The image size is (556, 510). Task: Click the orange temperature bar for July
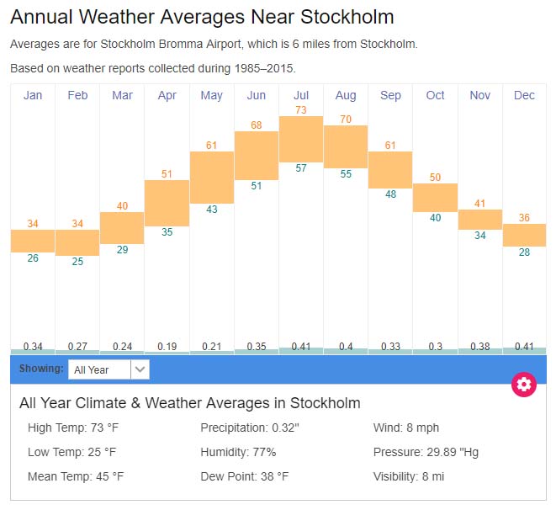(x=301, y=139)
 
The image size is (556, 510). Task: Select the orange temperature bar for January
(x=33, y=241)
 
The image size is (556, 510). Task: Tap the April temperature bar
(x=167, y=203)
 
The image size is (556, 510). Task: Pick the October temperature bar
(x=435, y=197)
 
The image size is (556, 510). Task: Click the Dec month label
(x=524, y=95)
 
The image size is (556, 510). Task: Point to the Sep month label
(x=390, y=95)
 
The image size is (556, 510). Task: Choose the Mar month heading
(x=122, y=95)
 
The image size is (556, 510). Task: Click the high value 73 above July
(x=301, y=110)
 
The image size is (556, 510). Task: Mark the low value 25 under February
(x=77, y=262)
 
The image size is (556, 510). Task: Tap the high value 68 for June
(x=257, y=125)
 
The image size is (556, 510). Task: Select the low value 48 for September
(x=390, y=194)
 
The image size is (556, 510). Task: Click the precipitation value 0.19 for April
(x=167, y=346)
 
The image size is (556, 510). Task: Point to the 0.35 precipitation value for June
(x=257, y=346)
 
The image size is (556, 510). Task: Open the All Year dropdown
(x=109, y=369)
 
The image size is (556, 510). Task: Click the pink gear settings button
(x=524, y=385)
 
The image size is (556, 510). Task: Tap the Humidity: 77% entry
(x=238, y=452)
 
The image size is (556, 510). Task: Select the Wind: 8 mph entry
(x=406, y=428)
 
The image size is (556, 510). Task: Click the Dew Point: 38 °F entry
(x=245, y=476)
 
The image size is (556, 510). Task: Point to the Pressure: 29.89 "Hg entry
(x=426, y=452)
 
